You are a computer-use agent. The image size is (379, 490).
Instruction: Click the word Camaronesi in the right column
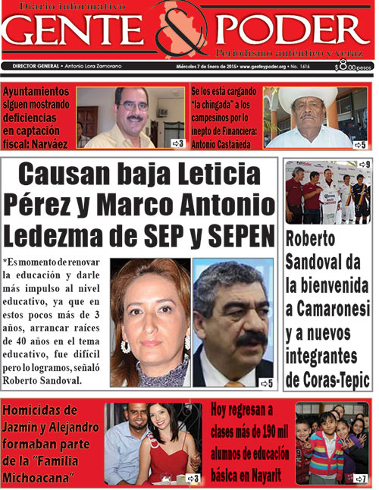(327, 310)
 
